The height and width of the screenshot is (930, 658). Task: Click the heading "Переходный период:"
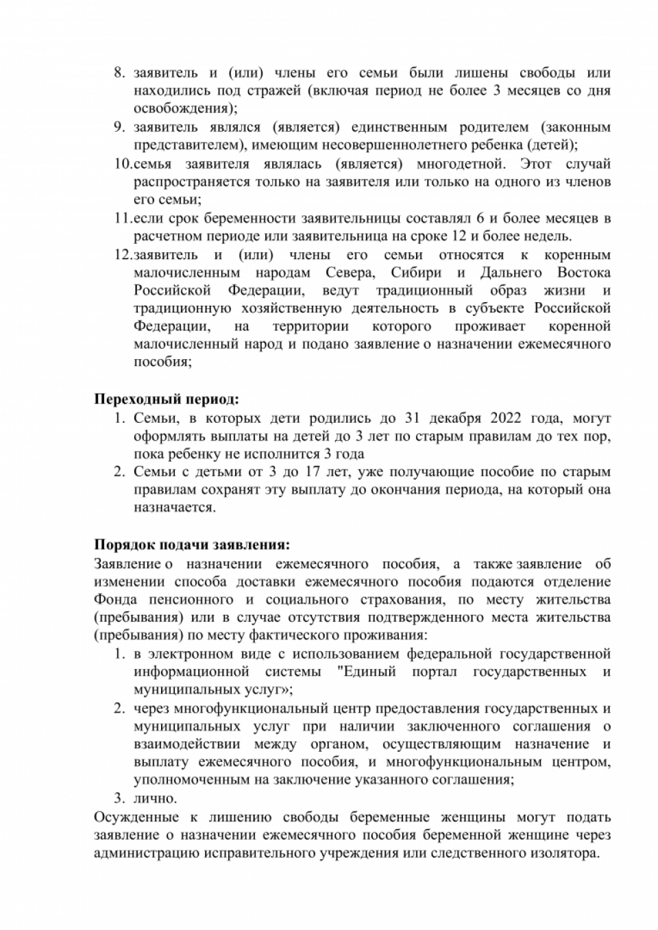click(x=167, y=400)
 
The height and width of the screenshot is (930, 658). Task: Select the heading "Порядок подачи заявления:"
click(x=192, y=545)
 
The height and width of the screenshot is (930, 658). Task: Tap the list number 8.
click(x=119, y=73)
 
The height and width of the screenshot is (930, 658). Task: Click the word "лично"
click(x=155, y=798)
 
